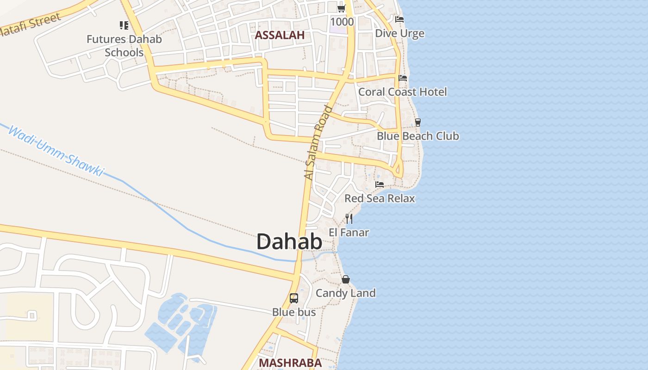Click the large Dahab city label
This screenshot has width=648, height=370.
click(289, 242)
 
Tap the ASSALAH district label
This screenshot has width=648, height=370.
click(280, 35)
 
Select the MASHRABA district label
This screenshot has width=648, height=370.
click(290, 363)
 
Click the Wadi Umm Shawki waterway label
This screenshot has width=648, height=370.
click(56, 151)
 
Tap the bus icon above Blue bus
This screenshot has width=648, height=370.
click(294, 298)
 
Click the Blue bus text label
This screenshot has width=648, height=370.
click(294, 312)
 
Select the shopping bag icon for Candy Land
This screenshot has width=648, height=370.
click(346, 279)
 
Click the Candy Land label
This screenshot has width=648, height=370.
click(346, 293)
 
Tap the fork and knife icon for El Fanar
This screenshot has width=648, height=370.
click(349, 218)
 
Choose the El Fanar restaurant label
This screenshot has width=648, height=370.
click(349, 232)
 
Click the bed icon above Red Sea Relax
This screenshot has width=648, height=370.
click(380, 185)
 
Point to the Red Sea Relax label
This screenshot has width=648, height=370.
click(380, 198)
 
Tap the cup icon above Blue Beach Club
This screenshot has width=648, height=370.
click(417, 123)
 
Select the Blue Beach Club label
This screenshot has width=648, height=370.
click(417, 136)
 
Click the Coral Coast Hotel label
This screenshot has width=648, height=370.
click(403, 92)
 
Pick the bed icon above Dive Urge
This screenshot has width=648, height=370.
click(399, 19)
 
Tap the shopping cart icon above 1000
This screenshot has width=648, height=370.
click(342, 8)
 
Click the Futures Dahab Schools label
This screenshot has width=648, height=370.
click(124, 45)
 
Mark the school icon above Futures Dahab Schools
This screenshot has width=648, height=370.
click(124, 25)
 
